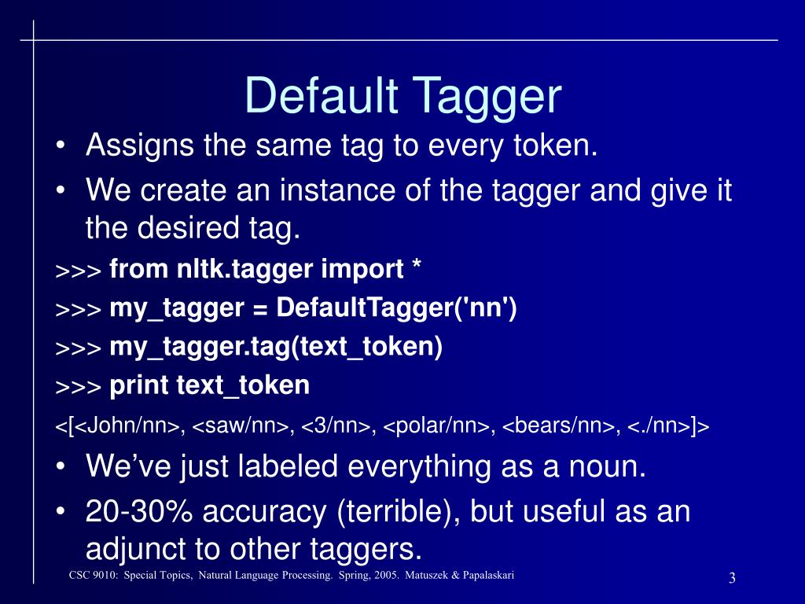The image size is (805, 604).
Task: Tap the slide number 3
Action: pos(732,579)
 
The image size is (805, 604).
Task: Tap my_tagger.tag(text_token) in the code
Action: pos(276,347)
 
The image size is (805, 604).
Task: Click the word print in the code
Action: pos(139,386)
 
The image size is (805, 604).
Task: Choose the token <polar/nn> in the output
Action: pos(439,426)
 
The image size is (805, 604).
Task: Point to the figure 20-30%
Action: pos(138,511)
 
